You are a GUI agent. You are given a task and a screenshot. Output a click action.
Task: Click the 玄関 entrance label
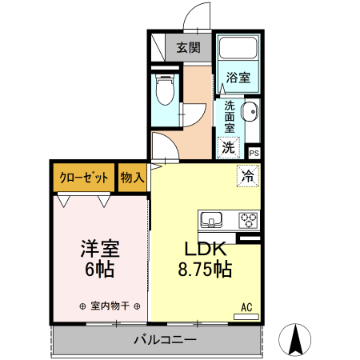point(189,47)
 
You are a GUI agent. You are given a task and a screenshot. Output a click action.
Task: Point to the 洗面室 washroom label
point(229,117)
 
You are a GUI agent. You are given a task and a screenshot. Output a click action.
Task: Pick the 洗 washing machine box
point(229,147)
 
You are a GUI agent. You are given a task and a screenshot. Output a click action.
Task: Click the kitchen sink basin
point(213,218)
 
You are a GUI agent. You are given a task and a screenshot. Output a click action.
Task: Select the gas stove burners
point(247,218)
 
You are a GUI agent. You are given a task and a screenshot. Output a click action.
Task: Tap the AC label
point(247,306)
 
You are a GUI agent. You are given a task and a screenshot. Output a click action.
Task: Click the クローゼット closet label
point(83,177)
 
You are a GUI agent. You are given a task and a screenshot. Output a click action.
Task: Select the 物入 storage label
point(131,177)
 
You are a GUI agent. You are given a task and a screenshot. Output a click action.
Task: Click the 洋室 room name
point(99,248)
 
